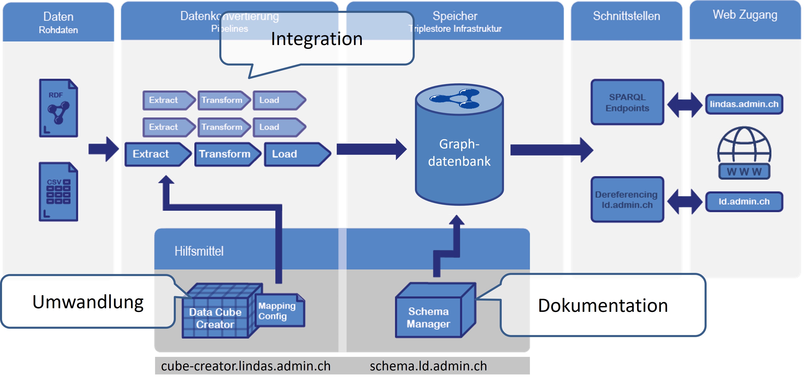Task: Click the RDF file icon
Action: click(x=59, y=108)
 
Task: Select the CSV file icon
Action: click(x=59, y=192)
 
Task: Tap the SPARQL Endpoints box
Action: click(x=627, y=102)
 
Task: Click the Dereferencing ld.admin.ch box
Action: click(x=627, y=199)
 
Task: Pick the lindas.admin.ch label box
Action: click(x=744, y=104)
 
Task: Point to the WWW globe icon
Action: click(x=744, y=153)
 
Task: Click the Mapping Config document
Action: click(x=278, y=311)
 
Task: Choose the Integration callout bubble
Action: click(x=317, y=39)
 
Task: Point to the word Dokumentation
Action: click(x=603, y=306)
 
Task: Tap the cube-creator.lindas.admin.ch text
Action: click(x=246, y=366)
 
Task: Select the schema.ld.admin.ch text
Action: click(x=428, y=366)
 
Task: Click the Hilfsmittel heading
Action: click(x=199, y=251)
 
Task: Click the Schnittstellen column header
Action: click(x=626, y=16)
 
